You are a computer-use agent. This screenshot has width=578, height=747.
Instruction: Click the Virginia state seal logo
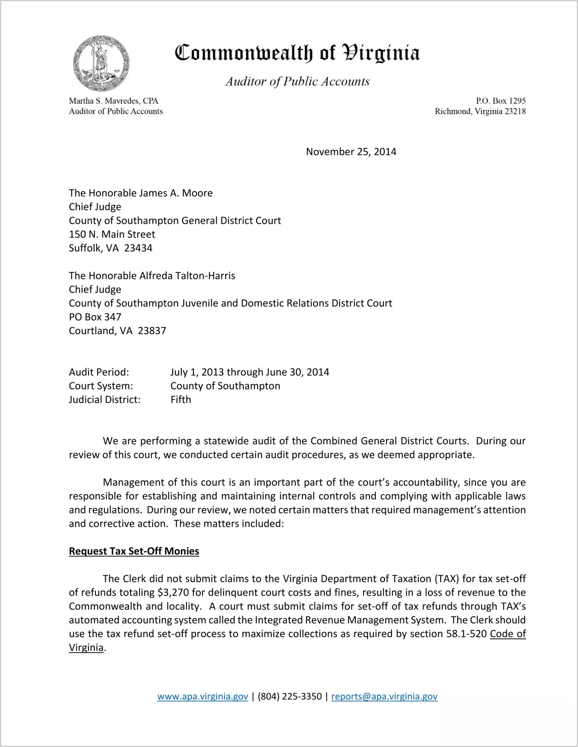pos(101,63)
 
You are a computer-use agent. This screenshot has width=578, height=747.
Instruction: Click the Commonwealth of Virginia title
pos(297,53)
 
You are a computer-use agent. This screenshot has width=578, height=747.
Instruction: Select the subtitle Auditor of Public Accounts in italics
pos(298,81)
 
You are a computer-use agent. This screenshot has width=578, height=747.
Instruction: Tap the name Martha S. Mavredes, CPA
pos(114,101)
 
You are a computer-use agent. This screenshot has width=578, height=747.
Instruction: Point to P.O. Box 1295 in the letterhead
pos(501,101)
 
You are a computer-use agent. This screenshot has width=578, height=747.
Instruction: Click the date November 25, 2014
pos(351,152)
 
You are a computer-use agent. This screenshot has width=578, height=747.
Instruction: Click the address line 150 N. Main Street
pos(112,234)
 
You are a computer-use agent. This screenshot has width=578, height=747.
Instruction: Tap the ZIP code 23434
pos(138,248)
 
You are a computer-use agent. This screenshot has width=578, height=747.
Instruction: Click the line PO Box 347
pos(95,317)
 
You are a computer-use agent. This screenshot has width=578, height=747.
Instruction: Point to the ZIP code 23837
pos(152,331)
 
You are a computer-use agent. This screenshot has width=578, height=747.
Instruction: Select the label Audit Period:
pos(99,372)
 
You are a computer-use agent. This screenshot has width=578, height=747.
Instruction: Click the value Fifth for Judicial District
pos(181,400)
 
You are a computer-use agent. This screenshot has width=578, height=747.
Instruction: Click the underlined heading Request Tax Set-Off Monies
pos(134,551)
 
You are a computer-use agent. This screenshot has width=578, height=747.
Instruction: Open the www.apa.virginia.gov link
pos(203,697)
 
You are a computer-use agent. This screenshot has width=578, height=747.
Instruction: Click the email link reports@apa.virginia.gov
pos(384,697)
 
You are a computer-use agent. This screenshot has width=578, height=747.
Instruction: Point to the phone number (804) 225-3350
pos(290,697)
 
